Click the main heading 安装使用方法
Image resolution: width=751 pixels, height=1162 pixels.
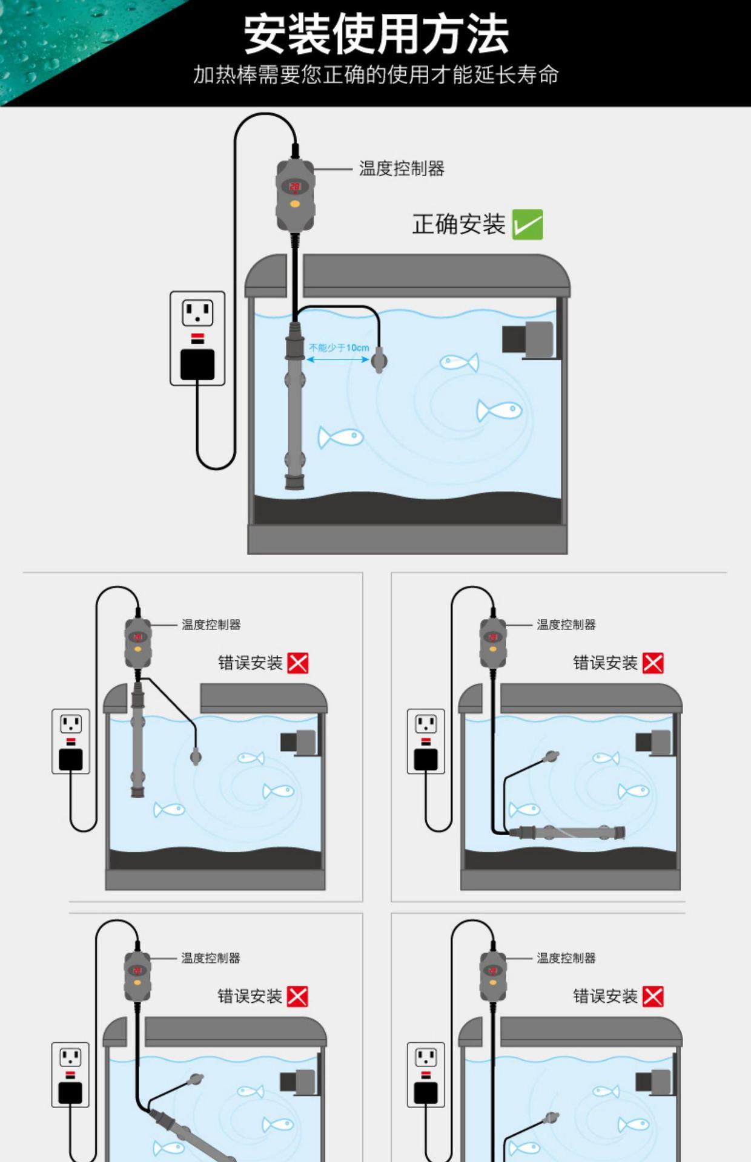point(375,34)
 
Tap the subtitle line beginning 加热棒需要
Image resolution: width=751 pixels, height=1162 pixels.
point(375,75)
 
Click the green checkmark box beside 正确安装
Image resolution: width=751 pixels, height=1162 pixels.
point(527,225)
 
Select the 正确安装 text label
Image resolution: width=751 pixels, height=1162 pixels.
point(458,225)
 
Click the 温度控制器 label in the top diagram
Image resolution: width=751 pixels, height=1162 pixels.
point(402,168)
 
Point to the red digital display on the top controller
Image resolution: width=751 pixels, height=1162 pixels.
point(294,186)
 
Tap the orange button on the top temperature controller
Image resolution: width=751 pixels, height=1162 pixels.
point(294,204)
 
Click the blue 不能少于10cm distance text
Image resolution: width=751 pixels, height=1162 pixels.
point(339,348)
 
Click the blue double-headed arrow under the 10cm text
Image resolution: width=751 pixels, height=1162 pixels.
point(337,359)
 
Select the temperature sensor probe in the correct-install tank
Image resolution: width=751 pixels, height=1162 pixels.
point(379,361)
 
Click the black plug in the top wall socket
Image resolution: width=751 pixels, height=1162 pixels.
point(197,364)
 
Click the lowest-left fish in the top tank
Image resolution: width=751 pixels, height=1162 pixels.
point(341,437)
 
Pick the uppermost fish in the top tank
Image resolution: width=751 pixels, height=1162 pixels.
point(459,363)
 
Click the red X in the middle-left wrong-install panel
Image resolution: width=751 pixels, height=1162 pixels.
point(298,663)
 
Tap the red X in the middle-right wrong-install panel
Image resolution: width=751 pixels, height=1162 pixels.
point(653,663)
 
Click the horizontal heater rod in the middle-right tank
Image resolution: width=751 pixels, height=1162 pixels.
point(566,833)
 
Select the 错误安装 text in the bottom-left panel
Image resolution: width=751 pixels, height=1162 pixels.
point(250,996)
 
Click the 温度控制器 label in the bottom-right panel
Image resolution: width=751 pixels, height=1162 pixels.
point(566,958)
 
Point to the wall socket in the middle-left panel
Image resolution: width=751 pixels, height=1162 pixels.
point(71,741)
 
